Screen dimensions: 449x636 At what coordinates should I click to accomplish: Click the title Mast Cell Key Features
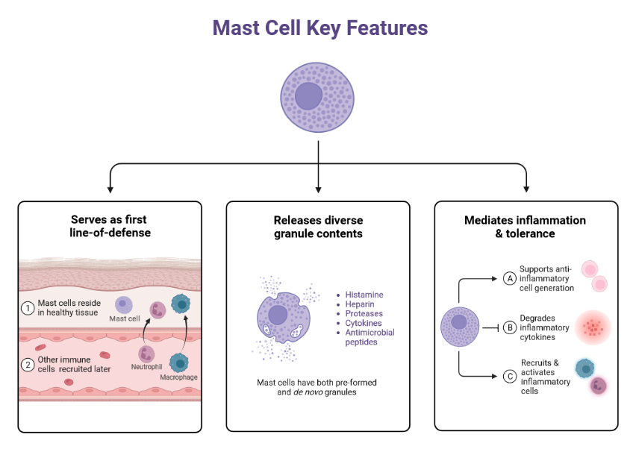point(319,28)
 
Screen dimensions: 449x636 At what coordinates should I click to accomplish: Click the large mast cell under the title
point(319,96)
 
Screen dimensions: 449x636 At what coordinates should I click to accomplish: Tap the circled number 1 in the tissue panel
point(28,307)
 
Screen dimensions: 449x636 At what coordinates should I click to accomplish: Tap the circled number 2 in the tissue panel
point(28,365)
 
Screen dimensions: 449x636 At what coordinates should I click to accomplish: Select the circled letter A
point(511,278)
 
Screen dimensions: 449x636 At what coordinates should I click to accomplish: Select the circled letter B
point(511,326)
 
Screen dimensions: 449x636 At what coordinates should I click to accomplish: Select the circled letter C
point(511,376)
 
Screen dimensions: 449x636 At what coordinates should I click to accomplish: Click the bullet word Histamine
point(364,295)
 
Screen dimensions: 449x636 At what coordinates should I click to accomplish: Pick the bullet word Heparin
point(360,304)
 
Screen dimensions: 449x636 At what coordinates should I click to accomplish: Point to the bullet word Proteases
point(364,314)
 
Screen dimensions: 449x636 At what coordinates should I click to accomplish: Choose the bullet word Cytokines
point(364,324)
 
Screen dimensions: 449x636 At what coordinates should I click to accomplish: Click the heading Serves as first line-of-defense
point(109,226)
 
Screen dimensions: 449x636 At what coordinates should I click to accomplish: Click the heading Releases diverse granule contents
point(318,227)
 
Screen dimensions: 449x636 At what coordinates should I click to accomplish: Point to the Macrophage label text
point(179,377)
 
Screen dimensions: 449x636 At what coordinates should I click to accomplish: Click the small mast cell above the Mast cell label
point(123,304)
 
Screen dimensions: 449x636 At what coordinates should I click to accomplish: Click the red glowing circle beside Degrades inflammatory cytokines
point(593,327)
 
